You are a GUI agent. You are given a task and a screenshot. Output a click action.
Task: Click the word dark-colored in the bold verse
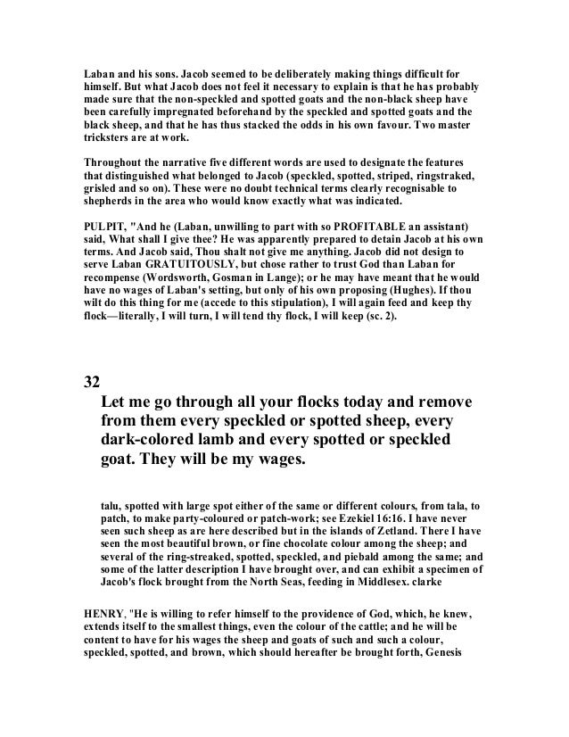(153, 441)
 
